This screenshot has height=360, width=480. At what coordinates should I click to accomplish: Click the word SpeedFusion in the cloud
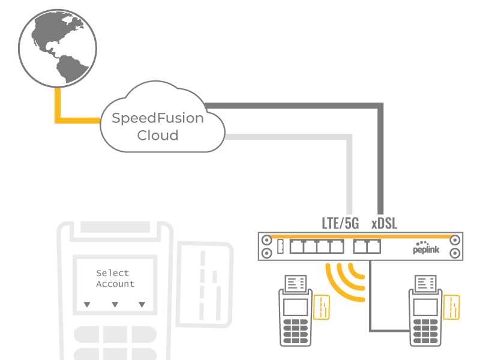pos(158,118)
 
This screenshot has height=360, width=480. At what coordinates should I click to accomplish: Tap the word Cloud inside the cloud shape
pos(158,136)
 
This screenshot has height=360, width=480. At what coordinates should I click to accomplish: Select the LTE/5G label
pos(340,224)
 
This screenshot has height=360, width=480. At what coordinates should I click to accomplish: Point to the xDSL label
pos(384,224)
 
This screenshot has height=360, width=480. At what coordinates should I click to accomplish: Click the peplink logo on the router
pos(427,249)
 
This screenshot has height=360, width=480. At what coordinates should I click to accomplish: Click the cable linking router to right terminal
pos(371,300)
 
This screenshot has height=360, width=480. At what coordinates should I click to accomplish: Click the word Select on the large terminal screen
pos(113,273)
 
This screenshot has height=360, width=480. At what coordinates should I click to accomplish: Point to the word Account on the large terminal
pos(115,284)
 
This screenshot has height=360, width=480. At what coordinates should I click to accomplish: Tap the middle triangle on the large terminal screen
pos(115,305)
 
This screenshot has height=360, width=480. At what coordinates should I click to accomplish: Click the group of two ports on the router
pos(366,246)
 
